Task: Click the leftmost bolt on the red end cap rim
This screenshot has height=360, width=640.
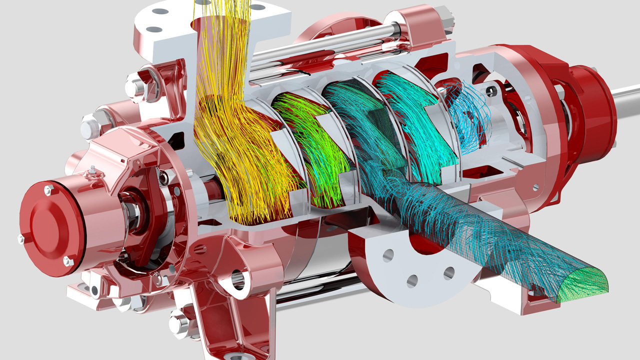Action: coord(20,238)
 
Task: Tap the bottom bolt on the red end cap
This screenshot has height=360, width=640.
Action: coord(67,260)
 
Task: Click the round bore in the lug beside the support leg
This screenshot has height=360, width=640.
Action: coord(239,280)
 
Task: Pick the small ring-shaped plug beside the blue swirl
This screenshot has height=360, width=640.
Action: coord(492,90)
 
